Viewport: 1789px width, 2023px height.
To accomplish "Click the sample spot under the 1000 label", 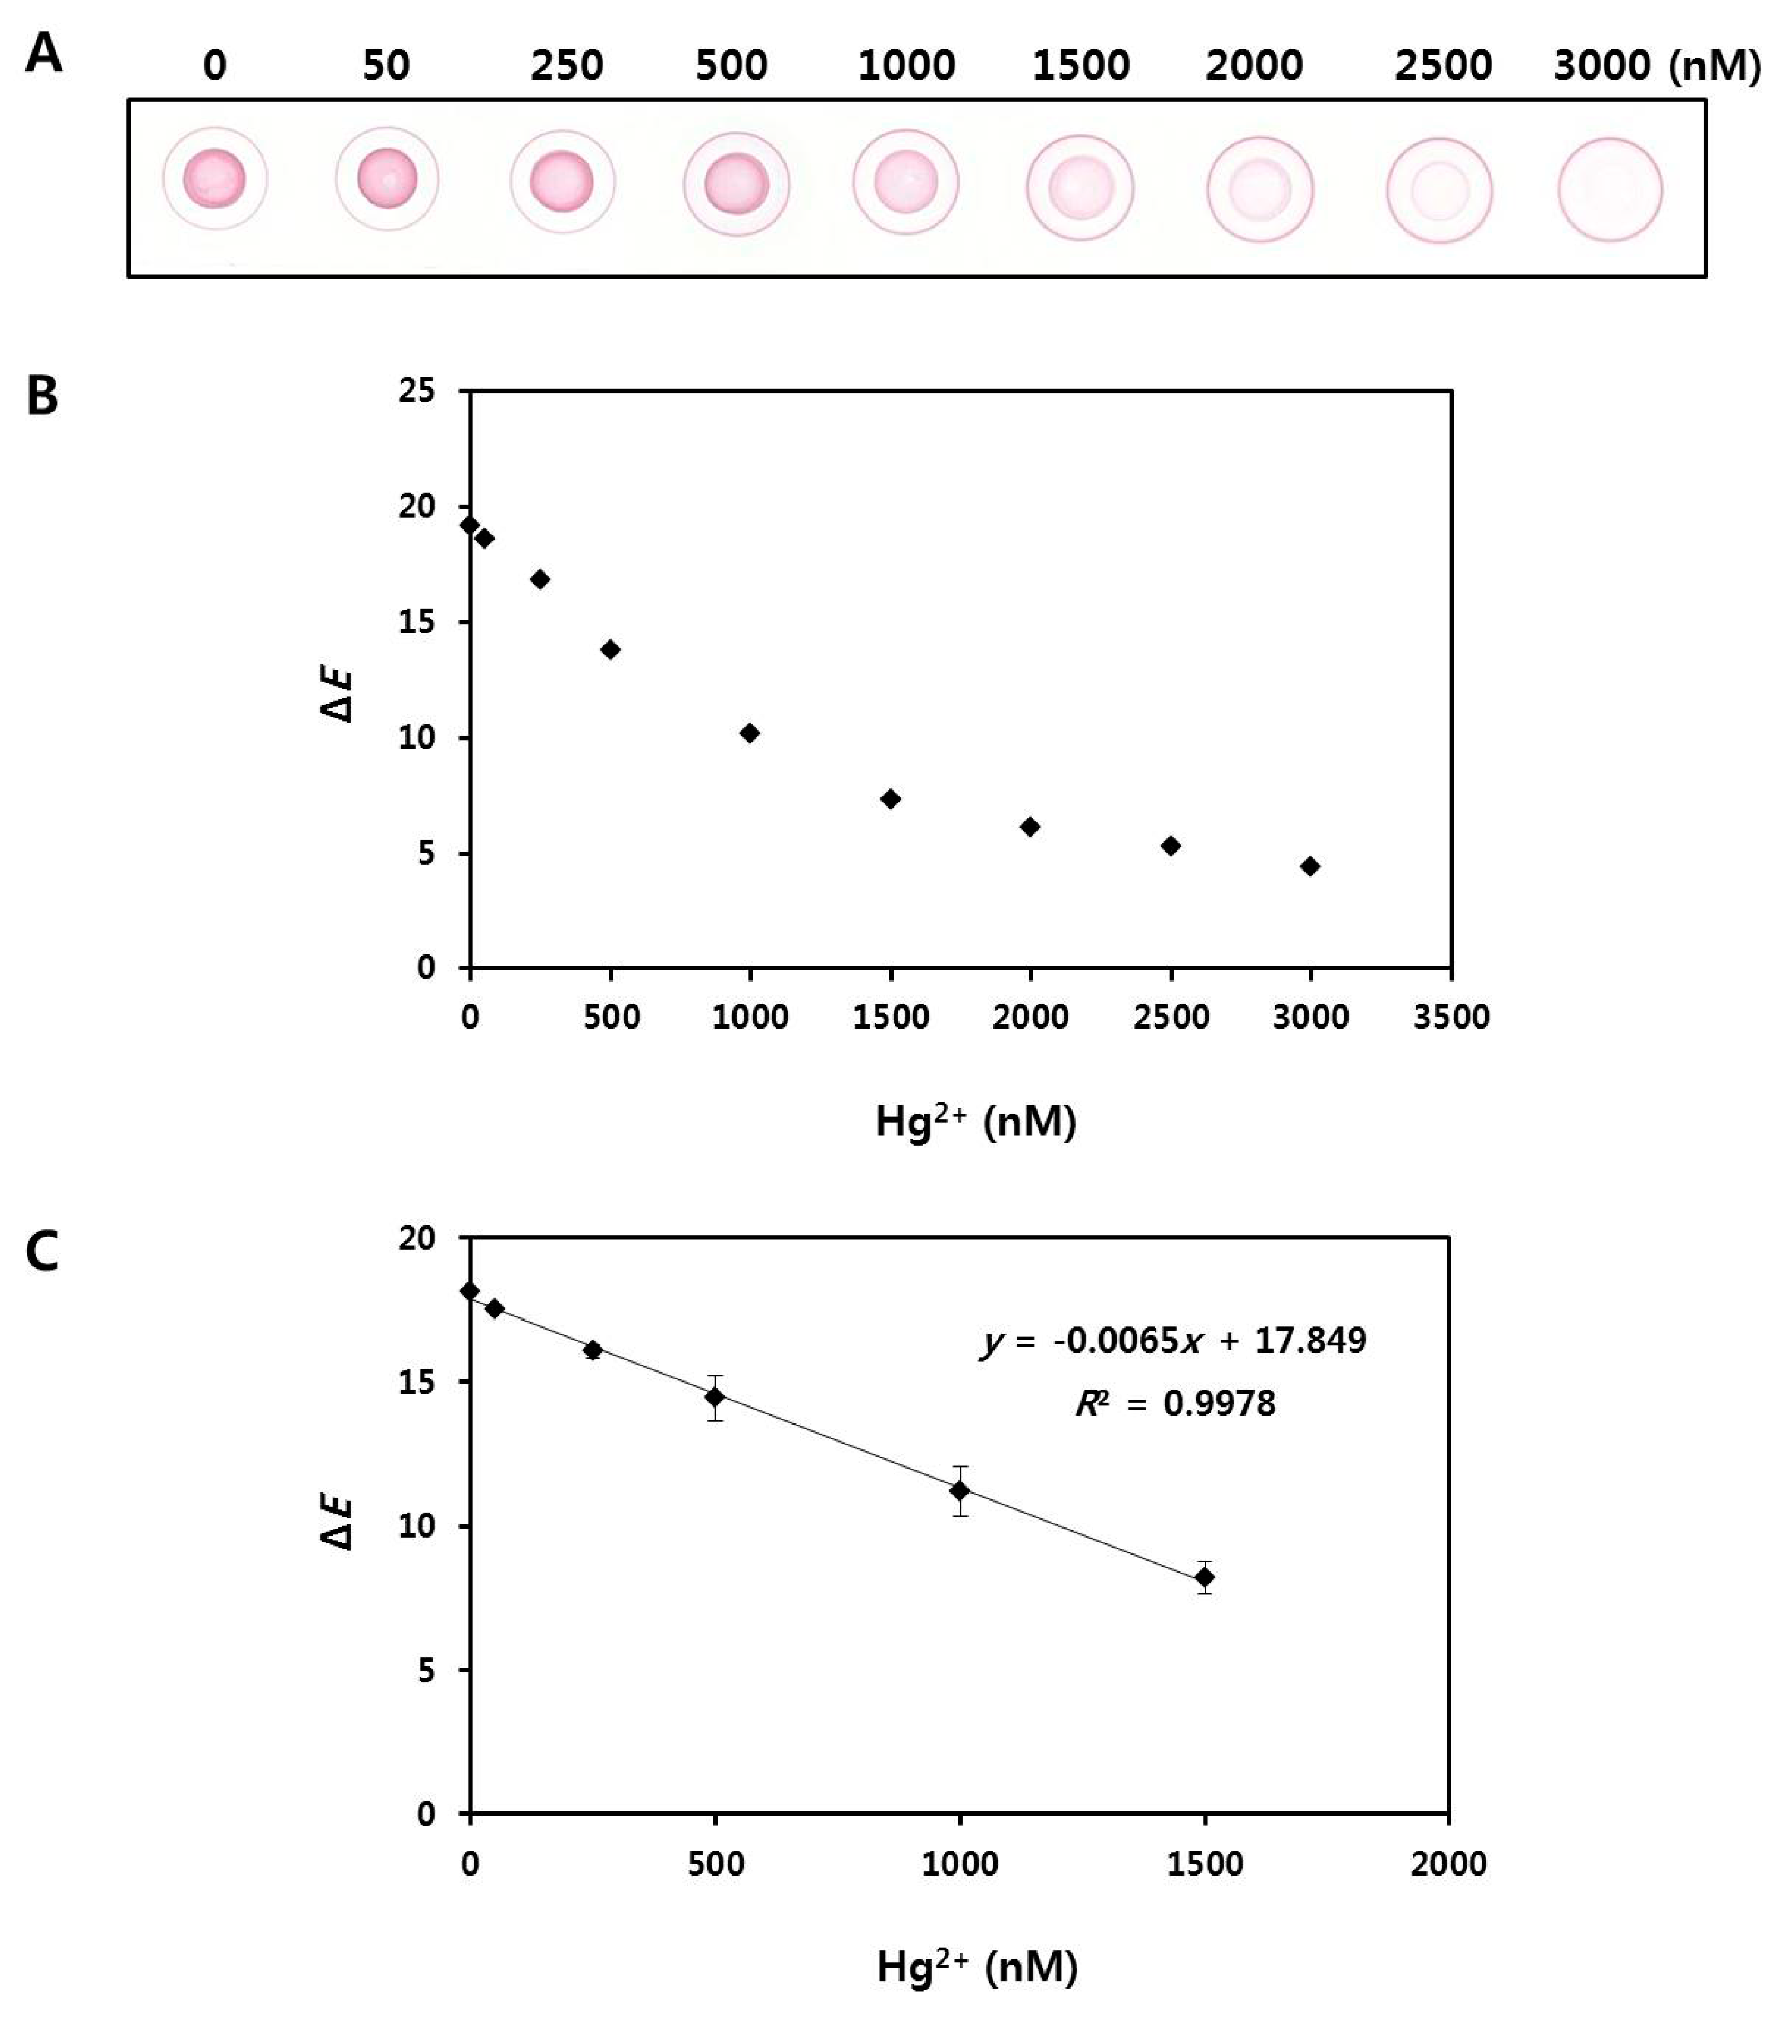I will (x=906, y=182).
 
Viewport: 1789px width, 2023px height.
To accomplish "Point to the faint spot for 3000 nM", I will (x=1610, y=190).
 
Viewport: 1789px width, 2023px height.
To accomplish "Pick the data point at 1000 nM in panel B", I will (x=749, y=732).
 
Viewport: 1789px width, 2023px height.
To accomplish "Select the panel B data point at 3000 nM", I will (x=1310, y=866).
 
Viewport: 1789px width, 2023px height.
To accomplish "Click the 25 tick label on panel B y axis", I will (x=417, y=391).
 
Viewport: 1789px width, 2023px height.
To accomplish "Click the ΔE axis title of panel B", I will (x=340, y=696).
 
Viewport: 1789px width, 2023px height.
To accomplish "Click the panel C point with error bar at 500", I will (x=715, y=1396).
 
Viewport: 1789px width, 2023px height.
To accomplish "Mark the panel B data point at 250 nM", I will (x=540, y=579).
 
